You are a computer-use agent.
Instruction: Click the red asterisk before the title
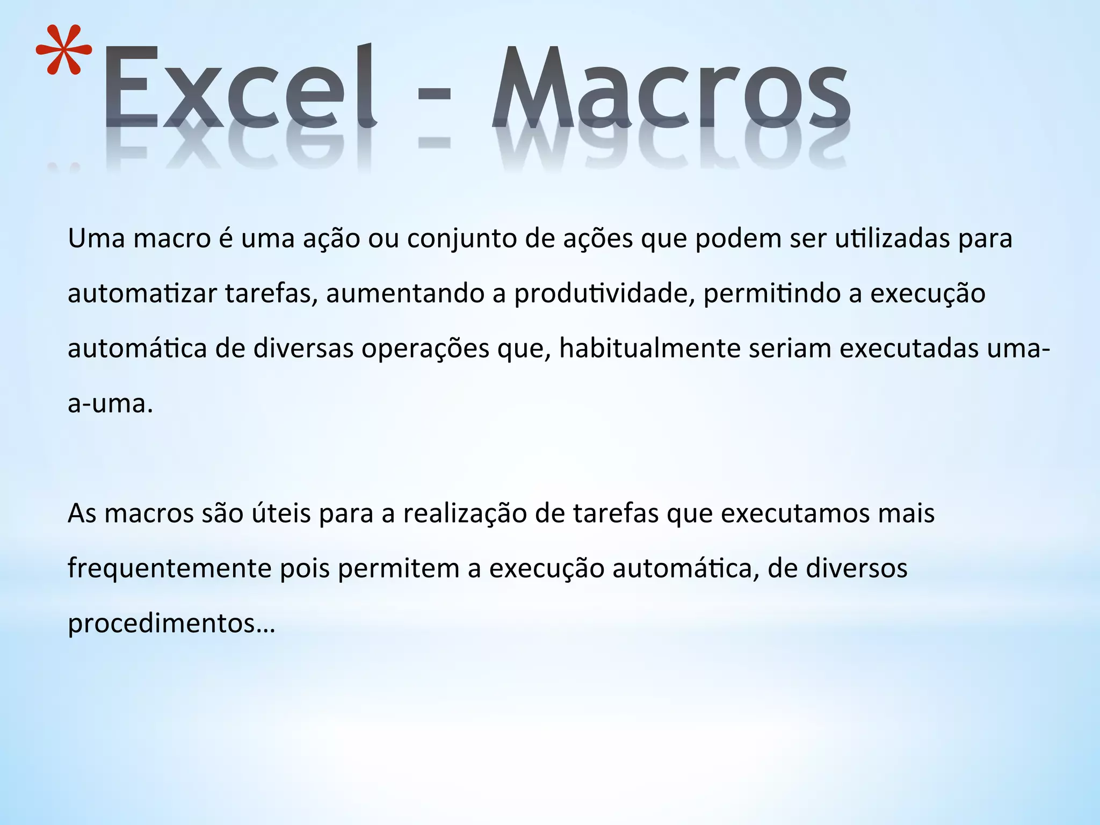(63, 50)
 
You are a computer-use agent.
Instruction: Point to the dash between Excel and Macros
(433, 95)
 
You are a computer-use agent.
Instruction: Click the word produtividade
(601, 294)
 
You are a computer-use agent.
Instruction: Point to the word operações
(425, 349)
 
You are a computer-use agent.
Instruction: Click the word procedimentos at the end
(161, 624)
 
